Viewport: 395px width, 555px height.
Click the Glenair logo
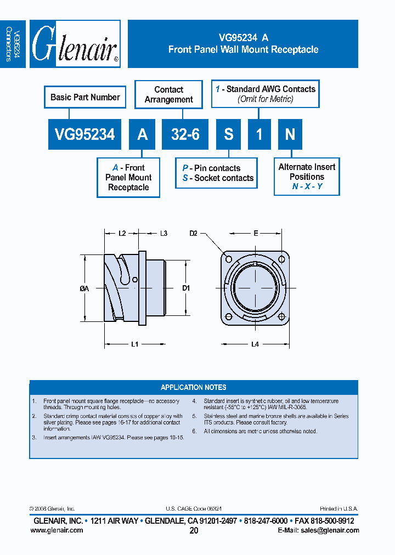(75, 44)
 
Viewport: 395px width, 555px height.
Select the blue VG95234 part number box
(84, 134)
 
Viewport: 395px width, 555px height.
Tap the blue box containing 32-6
(185, 134)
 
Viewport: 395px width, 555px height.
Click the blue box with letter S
(228, 134)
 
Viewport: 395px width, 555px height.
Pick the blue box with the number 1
(259, 134)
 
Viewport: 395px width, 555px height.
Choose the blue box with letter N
(290, 134)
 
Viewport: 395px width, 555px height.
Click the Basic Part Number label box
(85, 97)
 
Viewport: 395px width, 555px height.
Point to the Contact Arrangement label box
(168, 94)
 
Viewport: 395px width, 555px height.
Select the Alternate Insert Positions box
(307, 177)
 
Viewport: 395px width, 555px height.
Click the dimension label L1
(134, 344)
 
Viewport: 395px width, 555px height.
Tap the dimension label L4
(255, 344)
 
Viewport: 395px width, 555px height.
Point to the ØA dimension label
(84, 288)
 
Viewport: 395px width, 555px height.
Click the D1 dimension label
(186, 288)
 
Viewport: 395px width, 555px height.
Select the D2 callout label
(193, 234)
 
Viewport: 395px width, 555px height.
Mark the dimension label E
(256, 234)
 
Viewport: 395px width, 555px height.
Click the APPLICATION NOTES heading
(193, 387)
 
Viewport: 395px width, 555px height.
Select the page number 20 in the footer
(194, 531)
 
